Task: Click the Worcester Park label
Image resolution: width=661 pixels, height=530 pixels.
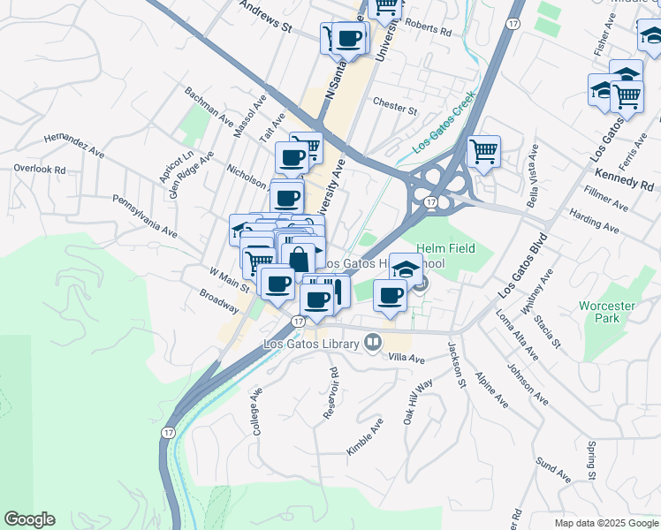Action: (x=606, y=312)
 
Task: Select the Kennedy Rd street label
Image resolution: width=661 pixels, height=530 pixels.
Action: (x=623, y=179)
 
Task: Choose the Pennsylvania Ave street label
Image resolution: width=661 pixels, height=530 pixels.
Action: (x=145, y=216)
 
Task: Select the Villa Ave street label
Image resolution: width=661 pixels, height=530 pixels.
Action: (x=407, y=359)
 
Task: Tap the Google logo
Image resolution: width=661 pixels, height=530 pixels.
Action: (x=29, y=519)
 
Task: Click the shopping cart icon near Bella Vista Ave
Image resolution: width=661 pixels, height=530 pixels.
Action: (x=483, y=152)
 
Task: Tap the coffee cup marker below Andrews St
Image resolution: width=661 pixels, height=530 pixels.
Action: (x=349, y=40)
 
